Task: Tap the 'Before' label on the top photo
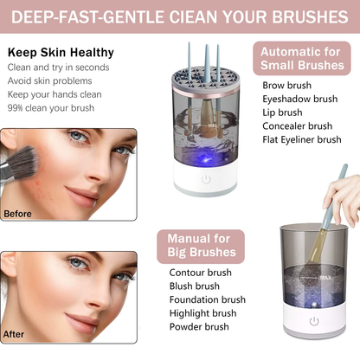[x=18, y=213]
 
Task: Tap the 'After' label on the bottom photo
[x=14, y=332]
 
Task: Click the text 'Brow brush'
[x=287, y=85]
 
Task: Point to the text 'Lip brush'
[x=282, y=112]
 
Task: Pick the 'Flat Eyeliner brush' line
[x=302, y=139]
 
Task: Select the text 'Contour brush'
[x=201, y=273]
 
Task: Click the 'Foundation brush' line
[x=208, y=299]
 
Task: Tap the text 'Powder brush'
[x=200, y=327]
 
